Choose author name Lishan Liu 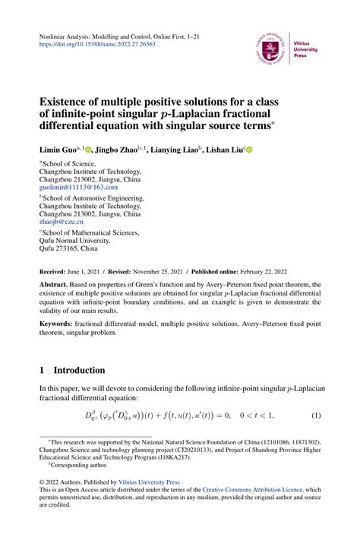(225, 150)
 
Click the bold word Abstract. (55, 285)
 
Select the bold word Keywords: (60, 344)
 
